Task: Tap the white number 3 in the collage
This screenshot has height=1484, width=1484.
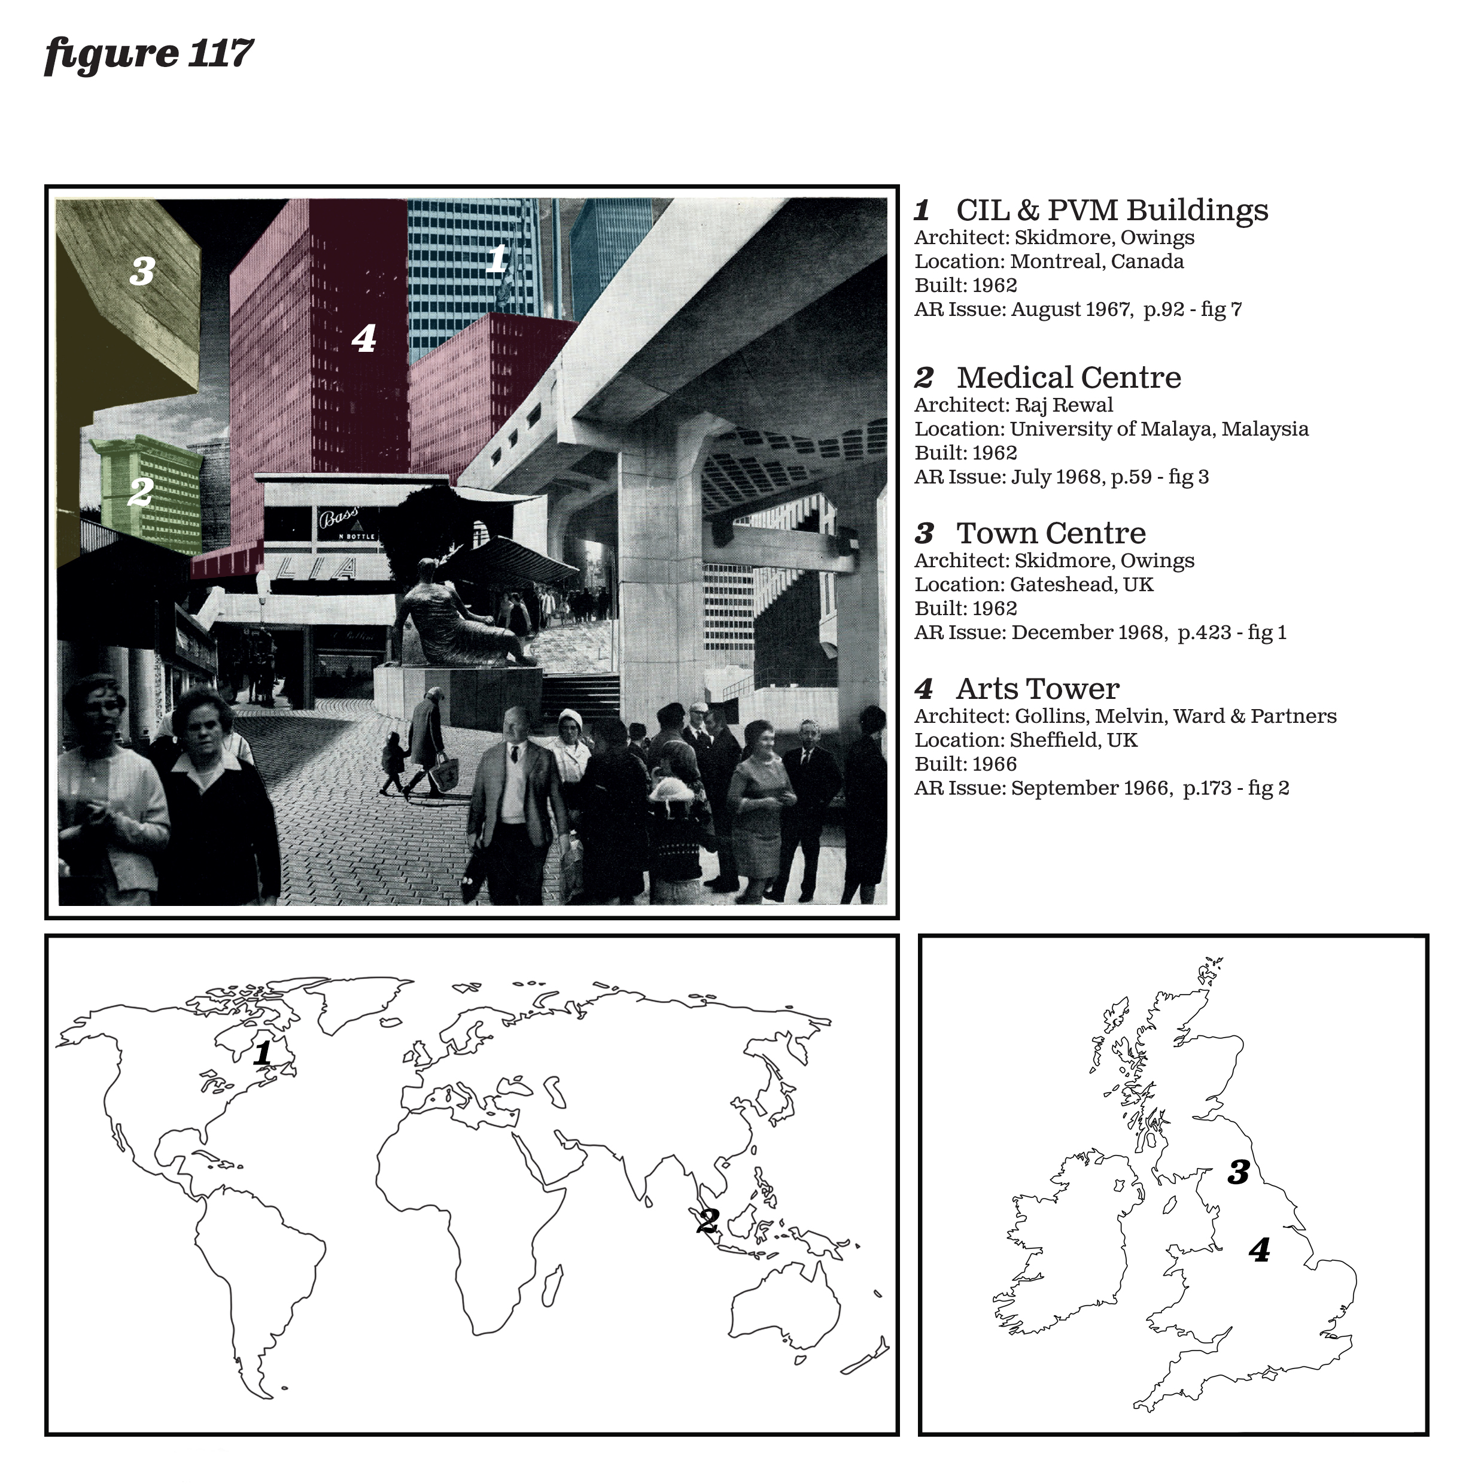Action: [x=142, y=272]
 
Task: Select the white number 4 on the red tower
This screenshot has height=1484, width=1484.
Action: [x=364, y=339]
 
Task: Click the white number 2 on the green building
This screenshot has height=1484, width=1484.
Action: [x=140, y=492]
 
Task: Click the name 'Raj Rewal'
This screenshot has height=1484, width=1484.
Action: [x=1064, y=406]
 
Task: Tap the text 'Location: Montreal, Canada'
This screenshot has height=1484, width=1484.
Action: [x=1049, y=262]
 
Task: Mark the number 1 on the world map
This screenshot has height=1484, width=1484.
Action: [x=263, y=1053]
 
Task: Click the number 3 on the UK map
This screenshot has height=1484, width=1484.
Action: [x=1238, y=1172]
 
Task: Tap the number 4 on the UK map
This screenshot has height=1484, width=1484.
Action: [x=1260, y=1251]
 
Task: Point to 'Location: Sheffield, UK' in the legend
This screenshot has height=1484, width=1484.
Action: [x=1026, y=740]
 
